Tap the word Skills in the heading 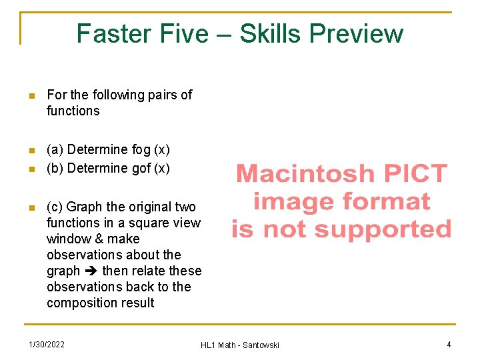coord(270,33)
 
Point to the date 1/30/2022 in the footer coord(47,344)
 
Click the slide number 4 coord(449,344)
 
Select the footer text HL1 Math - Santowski coord(240,345)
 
